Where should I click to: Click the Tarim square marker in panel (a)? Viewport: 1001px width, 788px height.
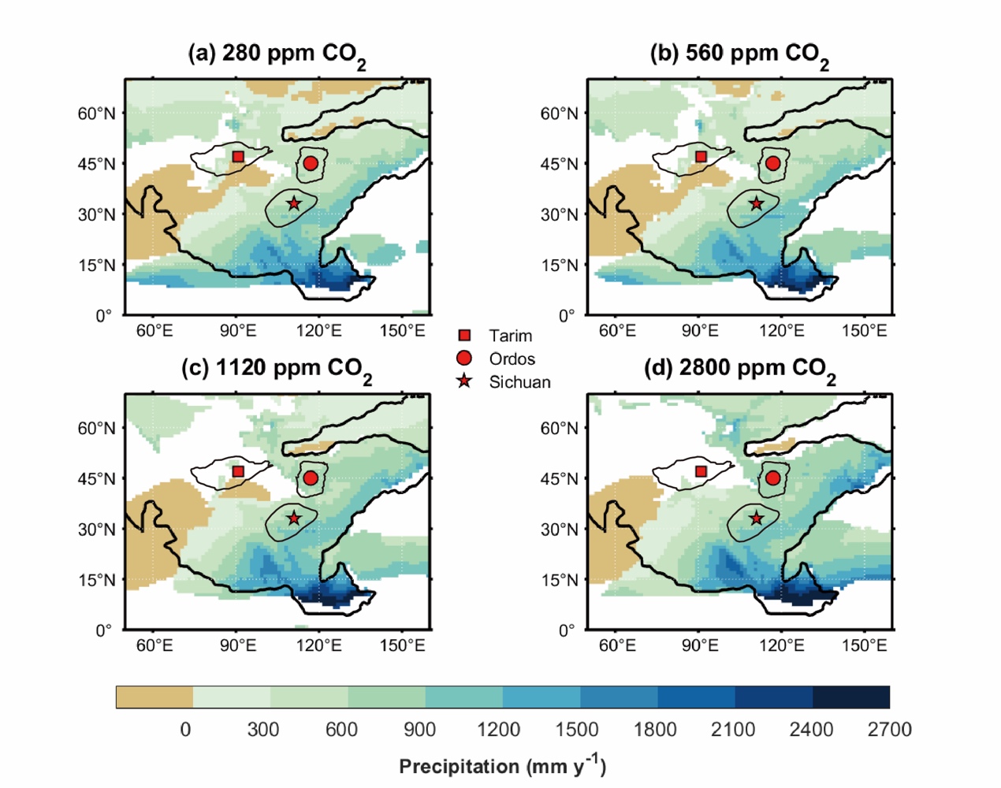(238, 156)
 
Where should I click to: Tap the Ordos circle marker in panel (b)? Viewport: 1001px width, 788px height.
(772, 163)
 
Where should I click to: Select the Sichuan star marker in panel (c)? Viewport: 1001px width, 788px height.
(294, 519)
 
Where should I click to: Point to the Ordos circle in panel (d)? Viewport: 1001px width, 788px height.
(772, 478)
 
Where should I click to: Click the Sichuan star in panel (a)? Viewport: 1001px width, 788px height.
(294, 203)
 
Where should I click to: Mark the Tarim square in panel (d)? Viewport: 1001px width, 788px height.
(701, 471)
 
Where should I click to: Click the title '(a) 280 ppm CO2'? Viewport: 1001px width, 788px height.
(277, 54)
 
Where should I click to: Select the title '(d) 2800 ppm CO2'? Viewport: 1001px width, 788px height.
(739, 369)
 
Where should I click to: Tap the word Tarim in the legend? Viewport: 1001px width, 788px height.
(510, 336)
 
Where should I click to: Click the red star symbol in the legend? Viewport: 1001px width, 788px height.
(464, 381)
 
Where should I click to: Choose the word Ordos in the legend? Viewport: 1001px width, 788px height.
(512, 359)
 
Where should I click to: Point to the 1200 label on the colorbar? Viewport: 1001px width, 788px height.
(498, 730)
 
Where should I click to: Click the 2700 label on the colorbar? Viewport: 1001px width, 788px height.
(889, 730)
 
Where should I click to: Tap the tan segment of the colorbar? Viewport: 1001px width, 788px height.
(154, 697)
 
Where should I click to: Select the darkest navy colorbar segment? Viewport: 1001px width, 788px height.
(850, 697)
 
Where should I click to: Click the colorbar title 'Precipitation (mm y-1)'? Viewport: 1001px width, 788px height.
(502, 766)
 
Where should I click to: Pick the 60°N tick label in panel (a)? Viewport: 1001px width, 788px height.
(96, 113)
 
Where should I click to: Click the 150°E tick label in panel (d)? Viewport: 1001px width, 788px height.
(865, 646)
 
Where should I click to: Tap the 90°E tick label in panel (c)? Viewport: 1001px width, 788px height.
(237, 646)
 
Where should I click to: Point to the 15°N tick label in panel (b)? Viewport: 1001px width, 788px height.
(559, 266)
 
